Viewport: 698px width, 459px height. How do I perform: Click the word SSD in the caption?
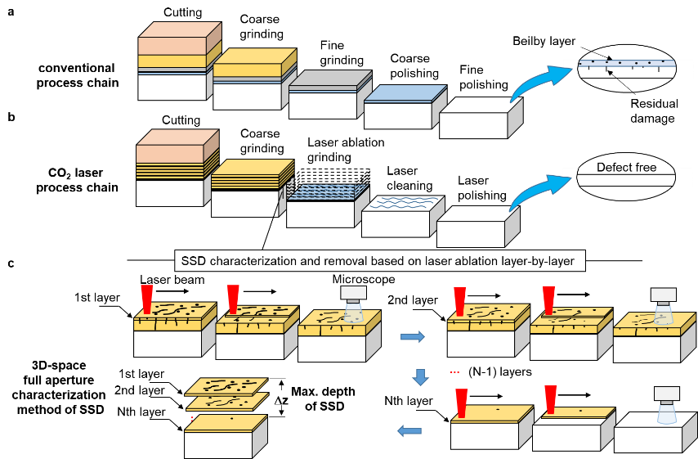[x=193, y=262]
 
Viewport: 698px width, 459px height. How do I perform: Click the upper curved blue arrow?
[x=539, y=83]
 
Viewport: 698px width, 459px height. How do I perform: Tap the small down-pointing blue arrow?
[x=421, y=378]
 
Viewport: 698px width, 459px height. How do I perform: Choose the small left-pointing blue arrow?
[x=409, y=430]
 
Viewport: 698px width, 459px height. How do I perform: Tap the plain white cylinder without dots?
[x=625, y=177]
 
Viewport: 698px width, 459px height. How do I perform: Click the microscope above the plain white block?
[x=665, y=405]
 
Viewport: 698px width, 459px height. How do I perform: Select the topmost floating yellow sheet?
[x=227, y=385]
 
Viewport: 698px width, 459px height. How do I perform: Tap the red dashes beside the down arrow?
[x=454, y=372]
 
